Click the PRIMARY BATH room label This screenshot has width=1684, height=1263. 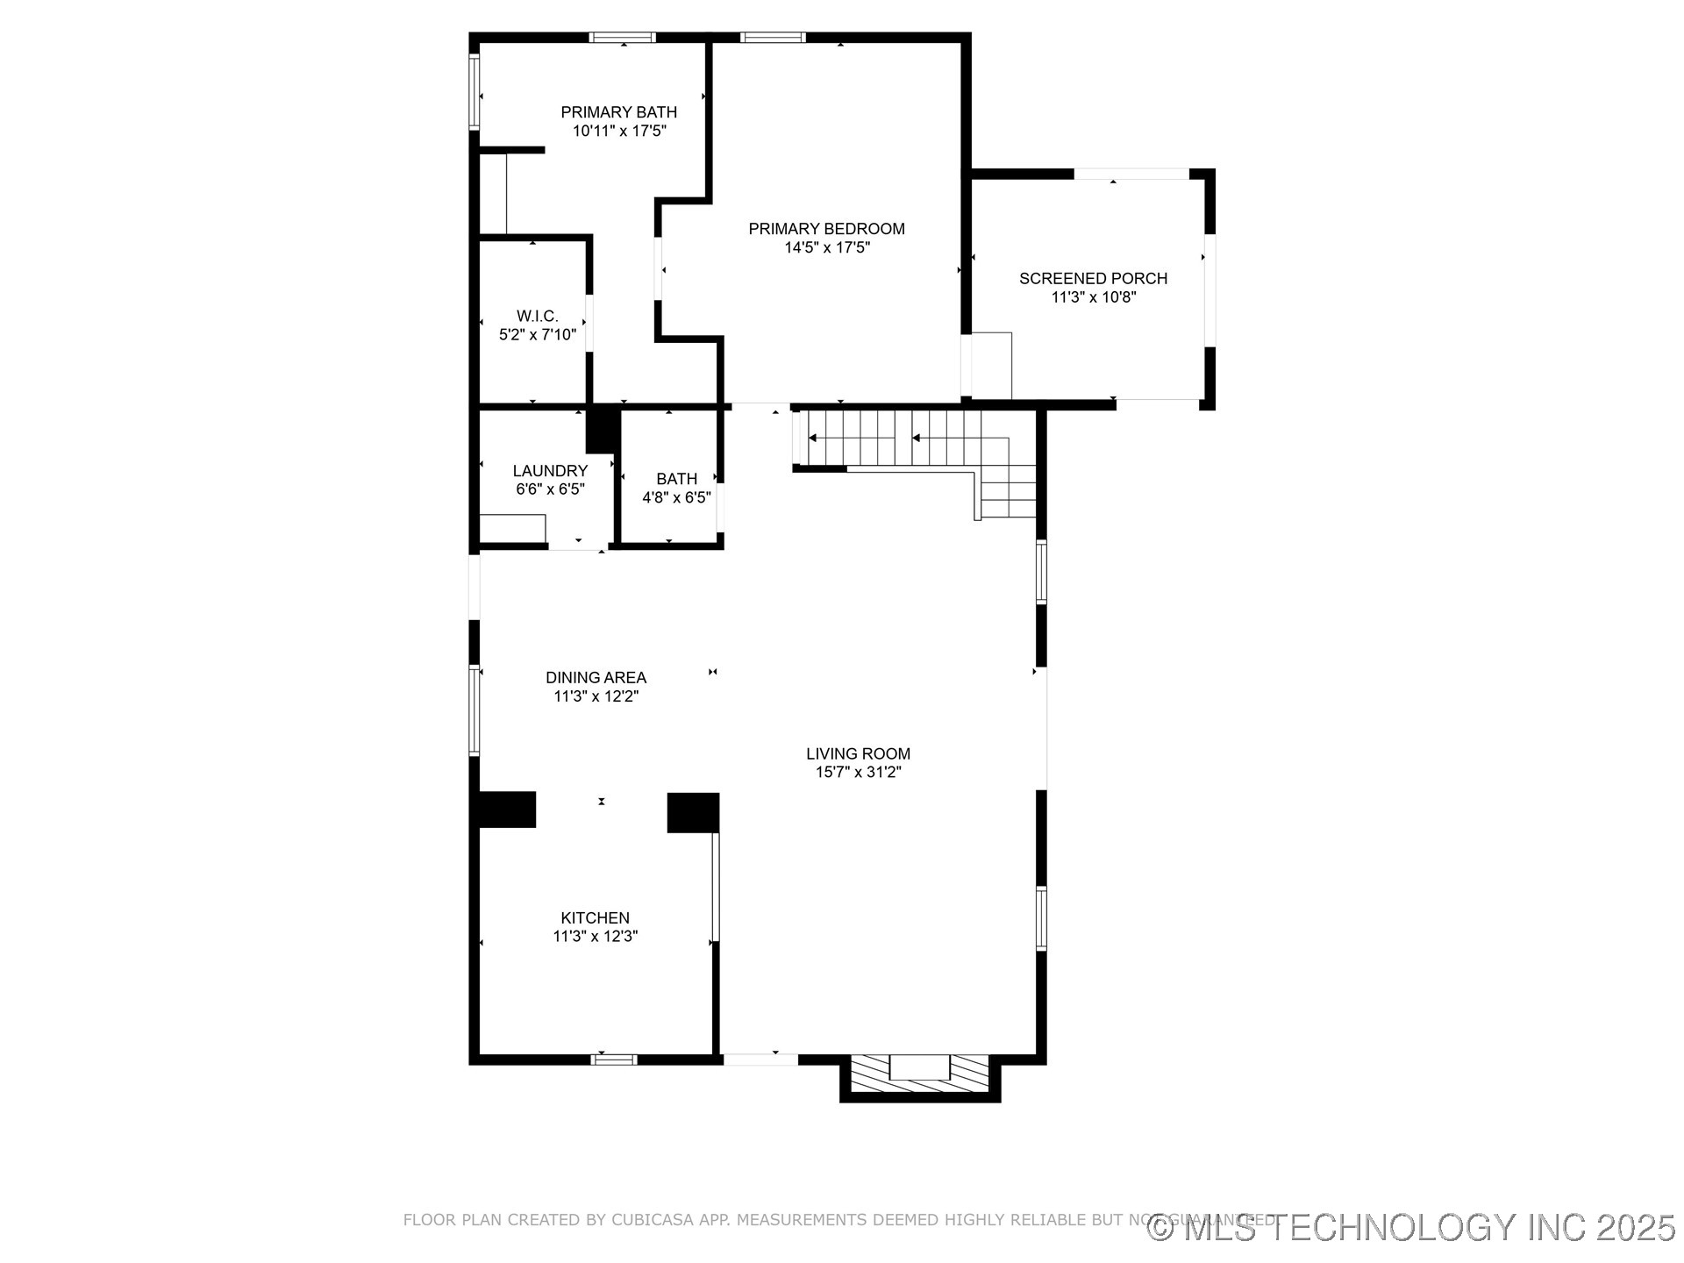(x=618, y=112)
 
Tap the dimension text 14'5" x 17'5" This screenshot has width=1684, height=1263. (x=826, y=248)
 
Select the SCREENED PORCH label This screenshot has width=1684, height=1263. (x=1093, y=279)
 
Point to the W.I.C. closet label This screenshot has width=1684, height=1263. (x=537, y=316)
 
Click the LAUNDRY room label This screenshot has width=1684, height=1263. (x=550, y=471)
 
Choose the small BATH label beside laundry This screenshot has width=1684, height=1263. (x=676, y=479)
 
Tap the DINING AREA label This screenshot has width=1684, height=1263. (x=596, y=678)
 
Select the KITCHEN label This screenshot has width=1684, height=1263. (x=595, y=918)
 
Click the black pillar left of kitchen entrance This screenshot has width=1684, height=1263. (x=507, y=810)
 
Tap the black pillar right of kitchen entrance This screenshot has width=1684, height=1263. (x=693, y=812)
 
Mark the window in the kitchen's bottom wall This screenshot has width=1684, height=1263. (x=613, y=1060)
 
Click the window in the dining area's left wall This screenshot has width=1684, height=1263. (x=475, y=710)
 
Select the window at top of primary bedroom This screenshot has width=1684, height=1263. (x=772, y=37)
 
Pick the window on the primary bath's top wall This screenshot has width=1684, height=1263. (x=622, y=37)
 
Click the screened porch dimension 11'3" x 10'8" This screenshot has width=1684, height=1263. (x=1093, y=298)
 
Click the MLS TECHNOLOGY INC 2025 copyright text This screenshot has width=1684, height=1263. (x=1412, y=1228)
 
